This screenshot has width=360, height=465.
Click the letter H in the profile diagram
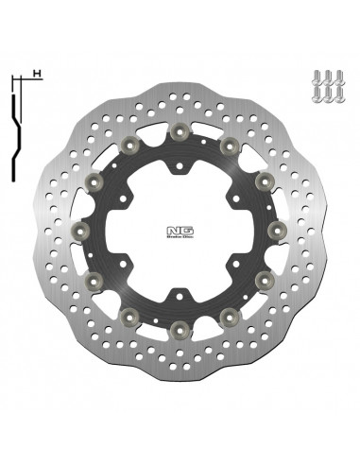[x=36, y=73]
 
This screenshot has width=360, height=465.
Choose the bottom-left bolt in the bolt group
[x=311, y=95]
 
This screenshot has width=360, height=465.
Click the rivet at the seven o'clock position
[x=128, y=314]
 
